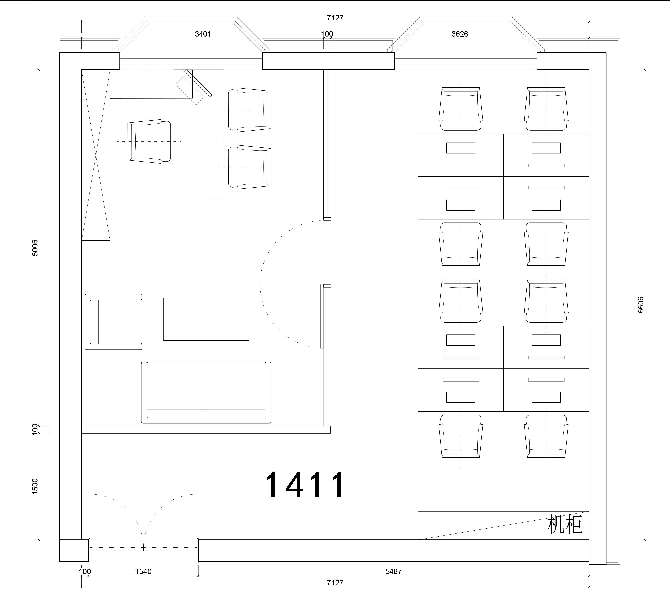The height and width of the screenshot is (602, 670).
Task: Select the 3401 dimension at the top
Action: pyautogui.click(x=203, y=34)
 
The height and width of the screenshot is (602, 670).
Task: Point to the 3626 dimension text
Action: pyautogui.click(x=460, y=34)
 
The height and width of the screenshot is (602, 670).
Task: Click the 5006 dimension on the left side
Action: pyautogui.click(x=35, y=248)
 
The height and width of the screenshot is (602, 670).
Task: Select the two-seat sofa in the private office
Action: pyautogui.click(x=206, y=392)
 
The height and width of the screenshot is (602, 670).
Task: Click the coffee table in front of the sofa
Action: pyautogui.click(x=206, y=319)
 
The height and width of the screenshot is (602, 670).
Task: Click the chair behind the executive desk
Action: pyautogui.click(x=149, y=142)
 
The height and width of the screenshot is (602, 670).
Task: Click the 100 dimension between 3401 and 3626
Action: pyautogui.click(x=327, y=34)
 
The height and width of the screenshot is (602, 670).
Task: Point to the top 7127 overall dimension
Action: pyautogui.click(x=335, y=17)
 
